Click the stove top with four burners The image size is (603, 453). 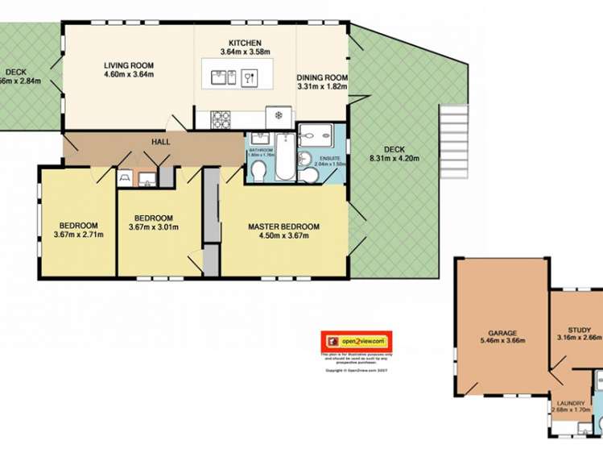click(x=221, y=119)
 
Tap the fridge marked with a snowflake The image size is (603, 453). click(x=279, y=116)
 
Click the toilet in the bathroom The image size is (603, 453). click(x=258, y=170)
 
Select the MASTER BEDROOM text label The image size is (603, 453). click(x=283, y=226)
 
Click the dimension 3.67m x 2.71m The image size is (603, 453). click(x=78, y=235)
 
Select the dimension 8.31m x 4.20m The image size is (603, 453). click(x=394, y=158)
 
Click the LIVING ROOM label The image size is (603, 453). click(x=128, y=65)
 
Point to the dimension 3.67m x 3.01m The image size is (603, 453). click(x=153, y=228)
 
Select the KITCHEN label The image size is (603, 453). click(x=245, y=43)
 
